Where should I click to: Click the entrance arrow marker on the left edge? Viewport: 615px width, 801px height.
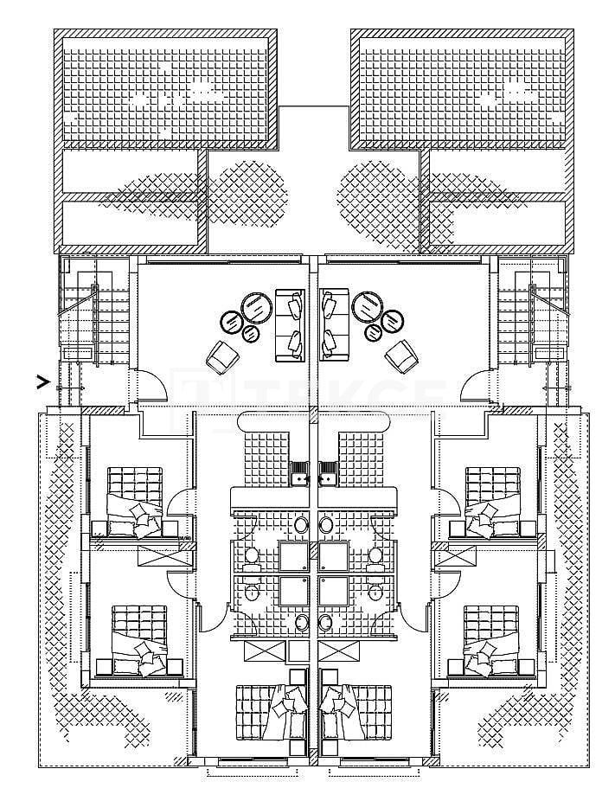41,379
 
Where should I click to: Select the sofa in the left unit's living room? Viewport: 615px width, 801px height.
289,325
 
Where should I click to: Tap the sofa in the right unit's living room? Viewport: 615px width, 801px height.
333,325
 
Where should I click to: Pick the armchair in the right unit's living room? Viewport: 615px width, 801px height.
400,355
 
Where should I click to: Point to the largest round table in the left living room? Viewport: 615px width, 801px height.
254,307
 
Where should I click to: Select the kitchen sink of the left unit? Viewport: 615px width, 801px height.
300,473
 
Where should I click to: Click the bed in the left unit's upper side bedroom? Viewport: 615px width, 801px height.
134,500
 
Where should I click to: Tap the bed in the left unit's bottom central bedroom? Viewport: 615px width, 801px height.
270,711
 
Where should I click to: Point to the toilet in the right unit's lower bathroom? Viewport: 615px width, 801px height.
377,593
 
